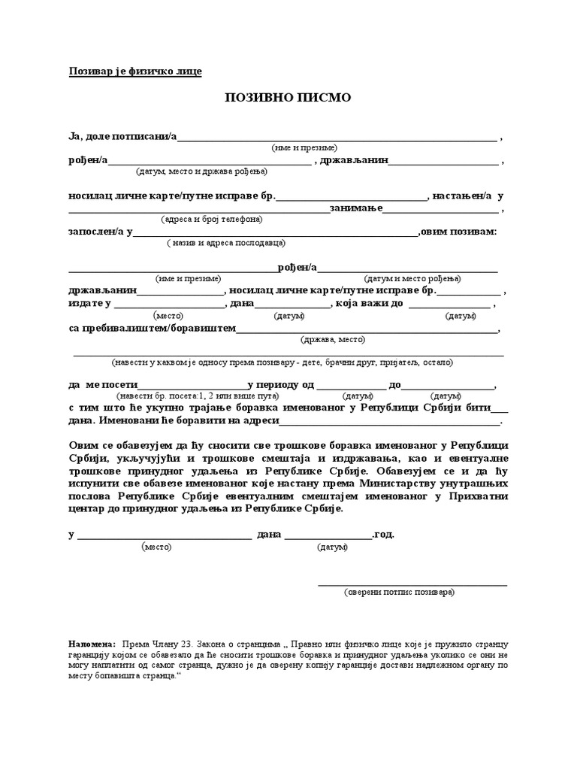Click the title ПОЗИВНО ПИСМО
click(288, 99)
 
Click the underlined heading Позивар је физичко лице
click(136, 71)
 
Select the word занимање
click(357, 208)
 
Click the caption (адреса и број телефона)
click(212, 220)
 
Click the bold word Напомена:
click(92, 644)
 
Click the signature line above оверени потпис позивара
click(412, 584)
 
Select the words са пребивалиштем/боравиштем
click(153, 329)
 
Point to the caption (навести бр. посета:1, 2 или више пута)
click(188, 396)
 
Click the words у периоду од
click(280, 385)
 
